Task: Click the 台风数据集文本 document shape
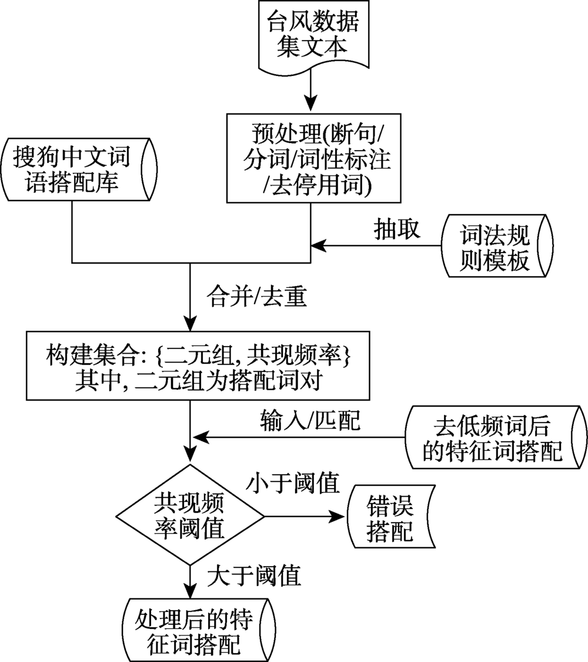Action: pyautogui.click(x=309, y=35)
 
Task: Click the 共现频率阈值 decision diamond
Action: pyautogui.click(x=189, y=517)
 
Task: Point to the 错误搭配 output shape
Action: pyautogui.click(x=390, y=516)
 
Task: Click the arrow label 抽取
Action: pyautogui.click(x=397, y=229)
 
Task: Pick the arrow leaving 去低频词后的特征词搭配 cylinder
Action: pyautogui.click(x=300, y=437)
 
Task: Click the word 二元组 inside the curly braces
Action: pyautogui.click(x=200, y=355)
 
